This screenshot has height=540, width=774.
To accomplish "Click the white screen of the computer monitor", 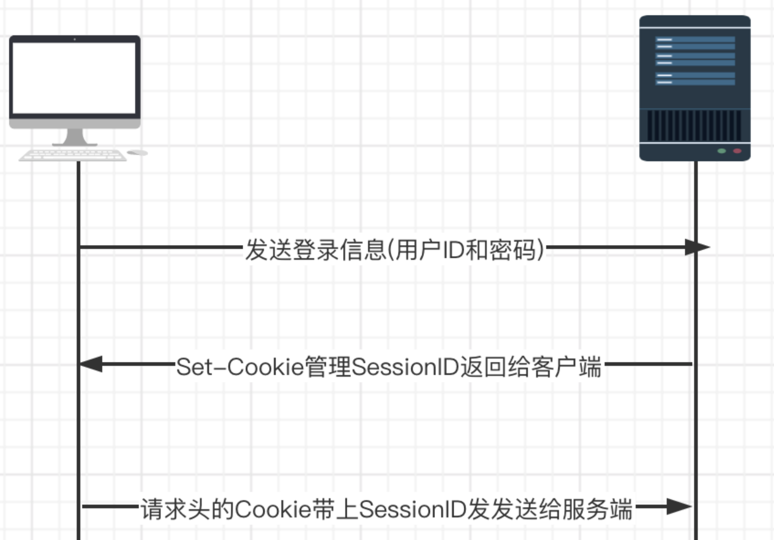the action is (74, 78).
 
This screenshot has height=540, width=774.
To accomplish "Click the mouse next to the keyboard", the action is (137, 153).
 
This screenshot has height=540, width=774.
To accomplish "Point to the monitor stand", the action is (75, 138).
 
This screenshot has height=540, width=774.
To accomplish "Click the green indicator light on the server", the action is (722, 151).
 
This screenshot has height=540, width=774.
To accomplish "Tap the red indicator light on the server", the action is (737, 151).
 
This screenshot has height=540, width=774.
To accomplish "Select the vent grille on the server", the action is (694, 126).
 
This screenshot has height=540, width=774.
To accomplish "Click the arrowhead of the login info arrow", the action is (697, 247).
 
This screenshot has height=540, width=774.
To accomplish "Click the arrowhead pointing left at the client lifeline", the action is (91, 364).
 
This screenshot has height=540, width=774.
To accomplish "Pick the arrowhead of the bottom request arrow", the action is (679, 506).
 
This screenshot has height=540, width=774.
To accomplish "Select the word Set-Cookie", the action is (240, 367).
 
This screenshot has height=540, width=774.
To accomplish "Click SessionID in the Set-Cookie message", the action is (405, 367).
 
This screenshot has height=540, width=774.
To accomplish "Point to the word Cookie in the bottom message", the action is (273, 509).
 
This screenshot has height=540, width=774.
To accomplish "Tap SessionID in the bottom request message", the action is (413, 509).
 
